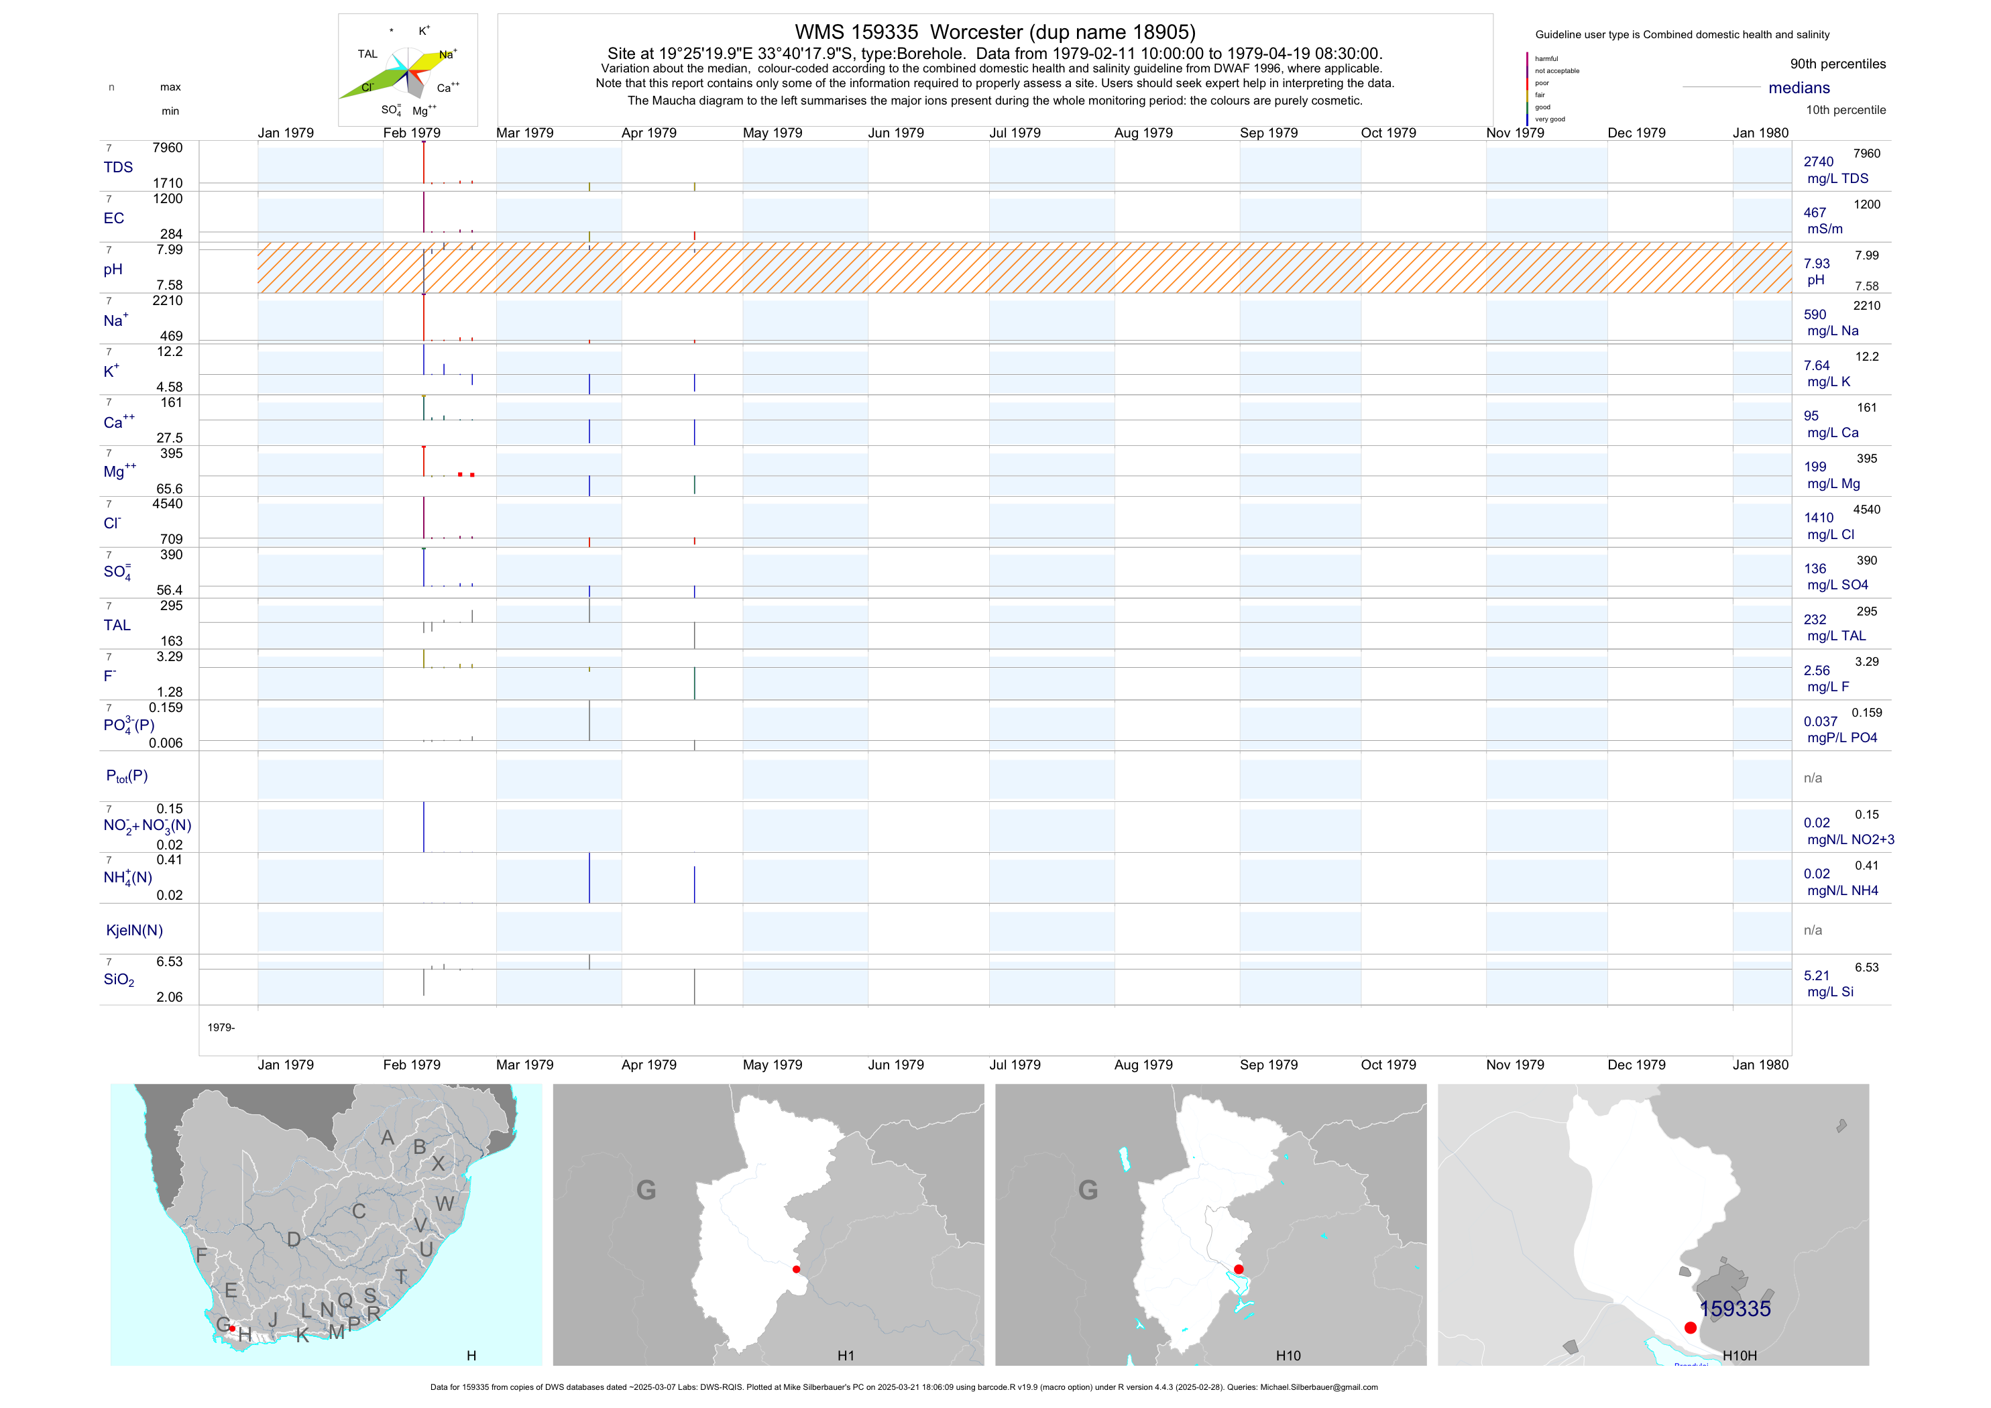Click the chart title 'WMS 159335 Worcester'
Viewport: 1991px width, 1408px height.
point(994,33)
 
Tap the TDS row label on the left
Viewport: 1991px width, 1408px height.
point(118,168)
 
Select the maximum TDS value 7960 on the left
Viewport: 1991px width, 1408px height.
point(168,148)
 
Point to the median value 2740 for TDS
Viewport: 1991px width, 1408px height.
point(1819,162)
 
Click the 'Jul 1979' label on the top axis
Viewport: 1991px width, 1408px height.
point(1015,133)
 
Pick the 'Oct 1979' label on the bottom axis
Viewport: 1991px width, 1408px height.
point(1388,1065)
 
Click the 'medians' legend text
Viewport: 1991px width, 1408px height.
point(1799,89)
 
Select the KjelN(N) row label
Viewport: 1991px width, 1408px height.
point(134,931)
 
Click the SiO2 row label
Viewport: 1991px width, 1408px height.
point(119,980)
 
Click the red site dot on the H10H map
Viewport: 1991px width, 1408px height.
point(1690,1328)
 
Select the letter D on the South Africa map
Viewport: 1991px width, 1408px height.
point(294,1240)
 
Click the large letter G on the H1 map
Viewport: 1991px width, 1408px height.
point(646,1189)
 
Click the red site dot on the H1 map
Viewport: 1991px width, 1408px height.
point(796,1269)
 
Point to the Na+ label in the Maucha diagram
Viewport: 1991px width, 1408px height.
point(447,54)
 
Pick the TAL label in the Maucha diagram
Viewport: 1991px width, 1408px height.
point(367,54)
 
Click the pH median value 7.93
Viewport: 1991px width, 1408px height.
point(1817,263)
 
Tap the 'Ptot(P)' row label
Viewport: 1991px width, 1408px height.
point(127,776)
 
